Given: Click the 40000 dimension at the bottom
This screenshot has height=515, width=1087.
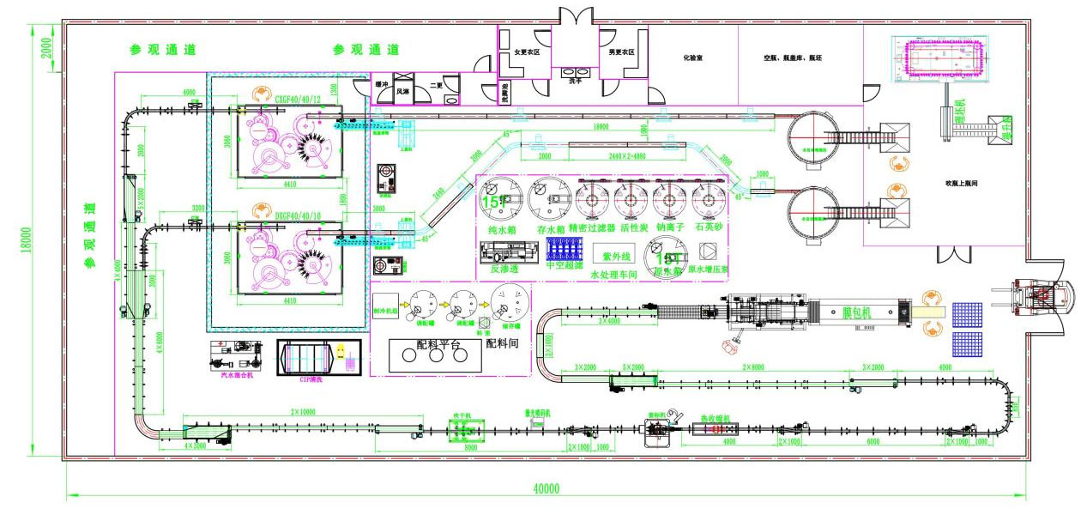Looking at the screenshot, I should (x=546, y=488).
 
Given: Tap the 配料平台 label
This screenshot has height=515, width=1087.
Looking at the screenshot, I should (x=438, y=343).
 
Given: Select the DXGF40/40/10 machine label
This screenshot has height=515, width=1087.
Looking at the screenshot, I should (x=275, y=207).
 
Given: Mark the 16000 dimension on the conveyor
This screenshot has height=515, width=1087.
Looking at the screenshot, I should (x=601, y=126).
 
